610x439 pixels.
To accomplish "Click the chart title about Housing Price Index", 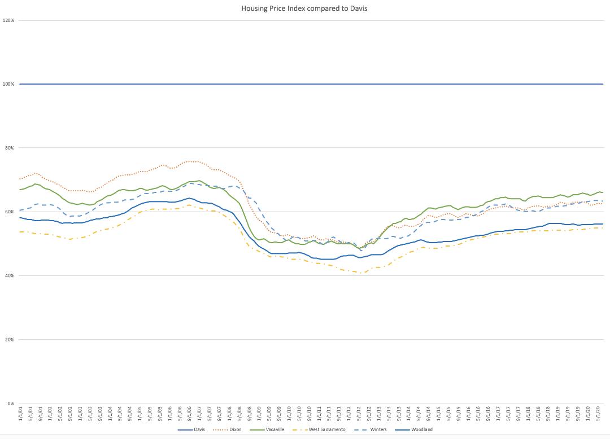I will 304,8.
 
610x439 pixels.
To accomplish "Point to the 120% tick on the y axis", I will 8,20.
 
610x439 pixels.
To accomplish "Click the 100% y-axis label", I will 8,84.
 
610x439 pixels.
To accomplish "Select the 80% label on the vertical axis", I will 10,148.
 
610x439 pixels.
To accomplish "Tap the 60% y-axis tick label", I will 10,212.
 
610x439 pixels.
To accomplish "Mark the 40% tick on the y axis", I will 10,275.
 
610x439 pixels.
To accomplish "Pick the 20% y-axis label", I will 10,340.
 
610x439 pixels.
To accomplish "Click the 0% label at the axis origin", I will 11,403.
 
